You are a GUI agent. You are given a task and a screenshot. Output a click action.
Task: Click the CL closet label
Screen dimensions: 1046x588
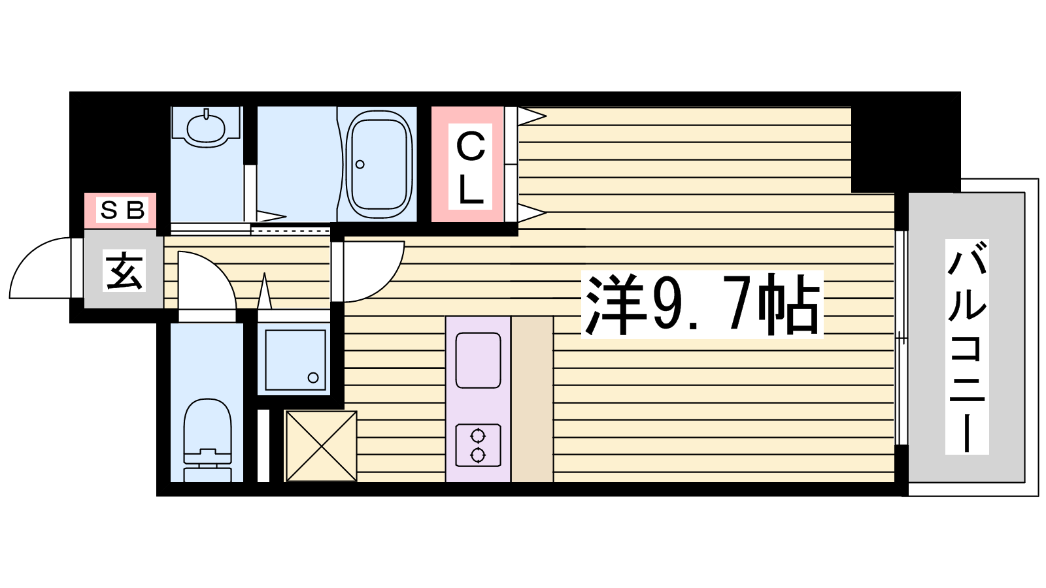coord(470,167)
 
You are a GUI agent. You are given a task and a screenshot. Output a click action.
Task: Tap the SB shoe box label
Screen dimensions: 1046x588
coord(122,210)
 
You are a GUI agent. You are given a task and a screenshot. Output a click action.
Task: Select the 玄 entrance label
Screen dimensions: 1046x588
coord(124,270)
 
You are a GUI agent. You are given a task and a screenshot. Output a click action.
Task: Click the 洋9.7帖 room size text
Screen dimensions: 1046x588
coord(702,304)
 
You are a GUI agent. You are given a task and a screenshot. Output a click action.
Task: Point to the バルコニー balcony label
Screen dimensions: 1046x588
coord(967,347)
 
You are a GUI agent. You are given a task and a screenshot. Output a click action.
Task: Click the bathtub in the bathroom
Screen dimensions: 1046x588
coord(379,165)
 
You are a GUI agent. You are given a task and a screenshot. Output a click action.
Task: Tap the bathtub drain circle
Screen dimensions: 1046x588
coord(360,164)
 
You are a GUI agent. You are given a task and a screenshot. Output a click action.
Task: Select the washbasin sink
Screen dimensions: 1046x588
coord(206,128)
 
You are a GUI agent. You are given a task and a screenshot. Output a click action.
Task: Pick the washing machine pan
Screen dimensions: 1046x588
coord(295,360)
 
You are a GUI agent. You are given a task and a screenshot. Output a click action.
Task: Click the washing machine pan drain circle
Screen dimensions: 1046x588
coord(313,378)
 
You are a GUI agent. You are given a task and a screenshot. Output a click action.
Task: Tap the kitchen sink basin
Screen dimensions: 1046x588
coord(478,360)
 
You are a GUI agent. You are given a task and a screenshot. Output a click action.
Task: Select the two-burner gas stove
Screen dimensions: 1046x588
coord(478,445)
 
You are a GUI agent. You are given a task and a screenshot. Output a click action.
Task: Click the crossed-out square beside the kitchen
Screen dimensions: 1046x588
coord(321,446)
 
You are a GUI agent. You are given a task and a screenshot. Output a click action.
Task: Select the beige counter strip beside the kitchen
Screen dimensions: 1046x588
coord(532,399)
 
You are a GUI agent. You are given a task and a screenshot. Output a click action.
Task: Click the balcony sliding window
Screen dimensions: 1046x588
coord(902,338)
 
